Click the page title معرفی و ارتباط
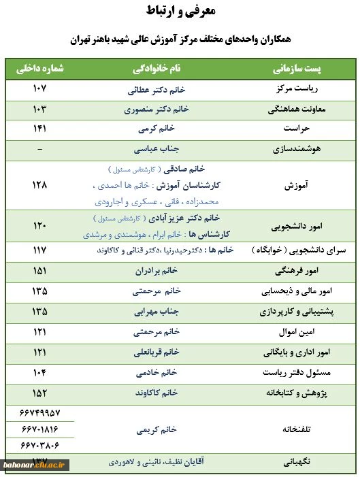click(x=180, y=12)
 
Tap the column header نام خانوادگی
click(x=157, y=69)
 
